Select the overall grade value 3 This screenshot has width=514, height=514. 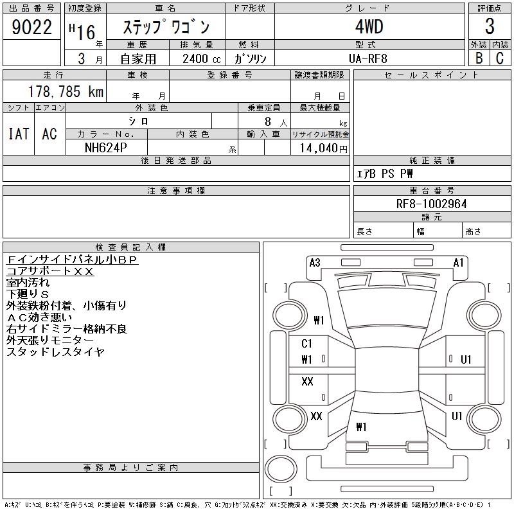[490, 27]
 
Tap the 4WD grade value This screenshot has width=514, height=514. [369, 28]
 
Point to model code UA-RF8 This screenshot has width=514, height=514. [369, 59]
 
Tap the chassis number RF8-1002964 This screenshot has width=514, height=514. [432, 204]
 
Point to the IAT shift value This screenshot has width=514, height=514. [19, 134]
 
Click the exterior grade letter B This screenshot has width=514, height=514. [479, 58]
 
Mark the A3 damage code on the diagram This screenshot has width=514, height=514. [315, 262]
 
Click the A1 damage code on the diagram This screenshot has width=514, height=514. [459, 262]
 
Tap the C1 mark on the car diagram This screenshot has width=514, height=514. [307, 344]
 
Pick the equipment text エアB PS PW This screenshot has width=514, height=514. [385, 174]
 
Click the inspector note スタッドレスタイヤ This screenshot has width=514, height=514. [55, 351]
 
